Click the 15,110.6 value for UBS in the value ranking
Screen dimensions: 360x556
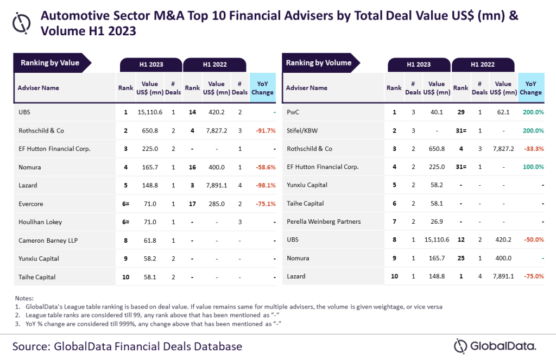(150, 112)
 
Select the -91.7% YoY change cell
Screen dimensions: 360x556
(262, 130)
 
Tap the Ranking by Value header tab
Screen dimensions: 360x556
(50, 63)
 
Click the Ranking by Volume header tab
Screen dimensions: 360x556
(319, 63)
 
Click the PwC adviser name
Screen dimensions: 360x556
(294, 112)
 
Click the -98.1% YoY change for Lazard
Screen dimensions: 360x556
(262, 186)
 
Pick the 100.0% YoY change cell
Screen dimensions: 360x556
(533, 167)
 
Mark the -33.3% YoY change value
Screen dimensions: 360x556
(533, 149)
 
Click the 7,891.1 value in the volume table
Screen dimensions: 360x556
(503, 276)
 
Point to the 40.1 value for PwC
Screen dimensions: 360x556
(437, 112)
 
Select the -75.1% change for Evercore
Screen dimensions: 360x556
(262, 204)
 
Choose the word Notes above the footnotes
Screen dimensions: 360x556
(24, 298)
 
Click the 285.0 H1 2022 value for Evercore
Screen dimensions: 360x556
(216, 204)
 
